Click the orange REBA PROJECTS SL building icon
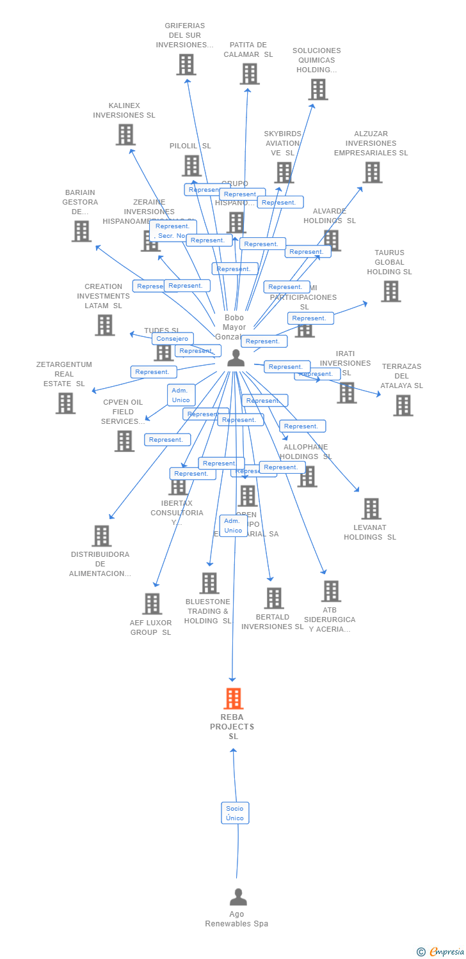click(x=234, y=698)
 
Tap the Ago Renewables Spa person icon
click(x=238, y=897)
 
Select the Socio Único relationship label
click(x=235, y=813)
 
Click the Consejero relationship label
click(x=172, y=339)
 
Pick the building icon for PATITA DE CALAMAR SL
click(x=250, y=74)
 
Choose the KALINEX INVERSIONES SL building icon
click(x=125, y=134)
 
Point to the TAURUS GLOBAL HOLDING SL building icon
click(x=390, y=291)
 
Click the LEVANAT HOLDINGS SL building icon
click(x=371, y=509)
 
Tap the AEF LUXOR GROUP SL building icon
click(x=152, y=604)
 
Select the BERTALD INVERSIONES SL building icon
click(x=274, y=598)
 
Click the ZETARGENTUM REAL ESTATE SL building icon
click(x=65, y=403)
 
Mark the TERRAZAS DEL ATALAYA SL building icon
click(x=403, y=405)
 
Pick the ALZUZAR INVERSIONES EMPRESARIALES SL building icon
click(x=372, y=172)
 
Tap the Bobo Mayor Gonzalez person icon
click(x=236, y=358)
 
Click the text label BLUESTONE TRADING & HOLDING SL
click(x=208, y=611)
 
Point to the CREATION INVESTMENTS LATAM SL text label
click(x=103, y=296)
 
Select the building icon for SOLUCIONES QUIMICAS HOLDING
click(x=318, y=90)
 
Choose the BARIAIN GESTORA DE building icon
click(x=81, y=231)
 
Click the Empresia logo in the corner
click(x=441, y=952)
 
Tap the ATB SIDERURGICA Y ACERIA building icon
click(x=331, y=591)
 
